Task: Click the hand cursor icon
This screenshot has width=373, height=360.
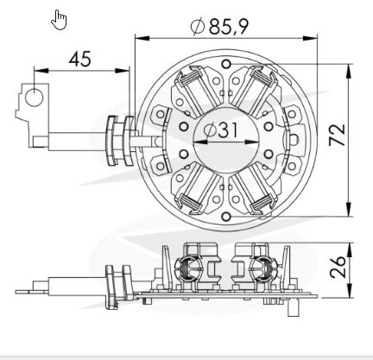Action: pos(59,20)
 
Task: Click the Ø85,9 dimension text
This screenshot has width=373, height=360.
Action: pos(219,27)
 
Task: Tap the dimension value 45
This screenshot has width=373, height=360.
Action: pos(79,59)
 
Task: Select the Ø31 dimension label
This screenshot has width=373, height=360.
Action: pos(221,130)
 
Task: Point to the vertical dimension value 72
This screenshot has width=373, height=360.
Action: pos(337,135)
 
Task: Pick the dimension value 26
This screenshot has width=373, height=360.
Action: pos(338,266)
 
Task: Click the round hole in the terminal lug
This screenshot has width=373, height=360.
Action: pos(34,98)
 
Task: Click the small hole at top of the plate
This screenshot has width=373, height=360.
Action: pos(226,64)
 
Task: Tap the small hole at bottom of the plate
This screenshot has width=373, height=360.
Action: pos(226,216)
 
